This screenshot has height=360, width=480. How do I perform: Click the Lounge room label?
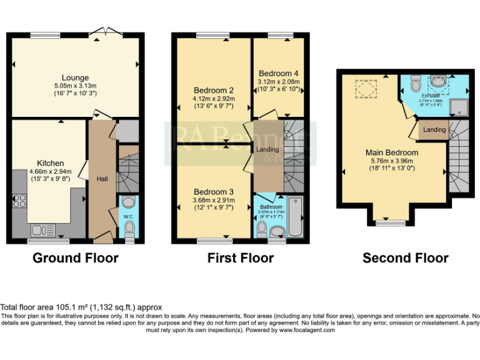coord(75,78)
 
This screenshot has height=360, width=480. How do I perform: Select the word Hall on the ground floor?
coord(102,179)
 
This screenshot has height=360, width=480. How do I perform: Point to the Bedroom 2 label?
coord(213,90)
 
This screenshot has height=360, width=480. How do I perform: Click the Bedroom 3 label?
coord(213,191)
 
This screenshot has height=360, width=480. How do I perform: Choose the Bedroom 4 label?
coord(278,73)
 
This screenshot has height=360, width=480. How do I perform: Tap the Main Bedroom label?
coord(392,152)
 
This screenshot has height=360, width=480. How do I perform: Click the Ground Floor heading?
coord(75,257)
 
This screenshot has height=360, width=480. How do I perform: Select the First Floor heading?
coord(241,257)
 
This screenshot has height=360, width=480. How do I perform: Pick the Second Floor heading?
coord(406,257)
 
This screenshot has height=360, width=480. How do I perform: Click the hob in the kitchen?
coord(19,201)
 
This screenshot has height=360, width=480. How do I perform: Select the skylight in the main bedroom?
coord(366,89)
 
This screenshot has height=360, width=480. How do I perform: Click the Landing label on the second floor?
coord(434,129)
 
